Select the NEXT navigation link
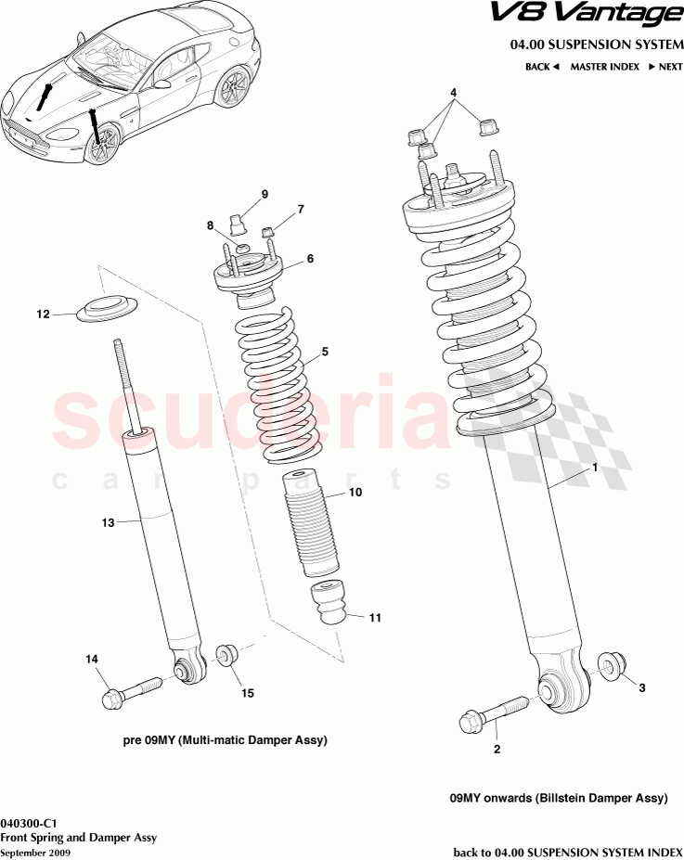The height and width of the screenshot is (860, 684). (x=665, y=67)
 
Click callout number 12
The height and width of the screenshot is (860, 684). (x=43, y=314)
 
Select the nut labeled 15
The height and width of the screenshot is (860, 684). (x=226, y=655)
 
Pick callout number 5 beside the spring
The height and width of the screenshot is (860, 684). (x=325, y=352)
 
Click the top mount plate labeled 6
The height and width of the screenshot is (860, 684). (x=245, y=276)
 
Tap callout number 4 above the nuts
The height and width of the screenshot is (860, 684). (x=454, y=94)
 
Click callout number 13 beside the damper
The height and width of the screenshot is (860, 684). (x=108, y=523)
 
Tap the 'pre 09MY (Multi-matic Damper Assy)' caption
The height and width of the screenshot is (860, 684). (x=225, y=741)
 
